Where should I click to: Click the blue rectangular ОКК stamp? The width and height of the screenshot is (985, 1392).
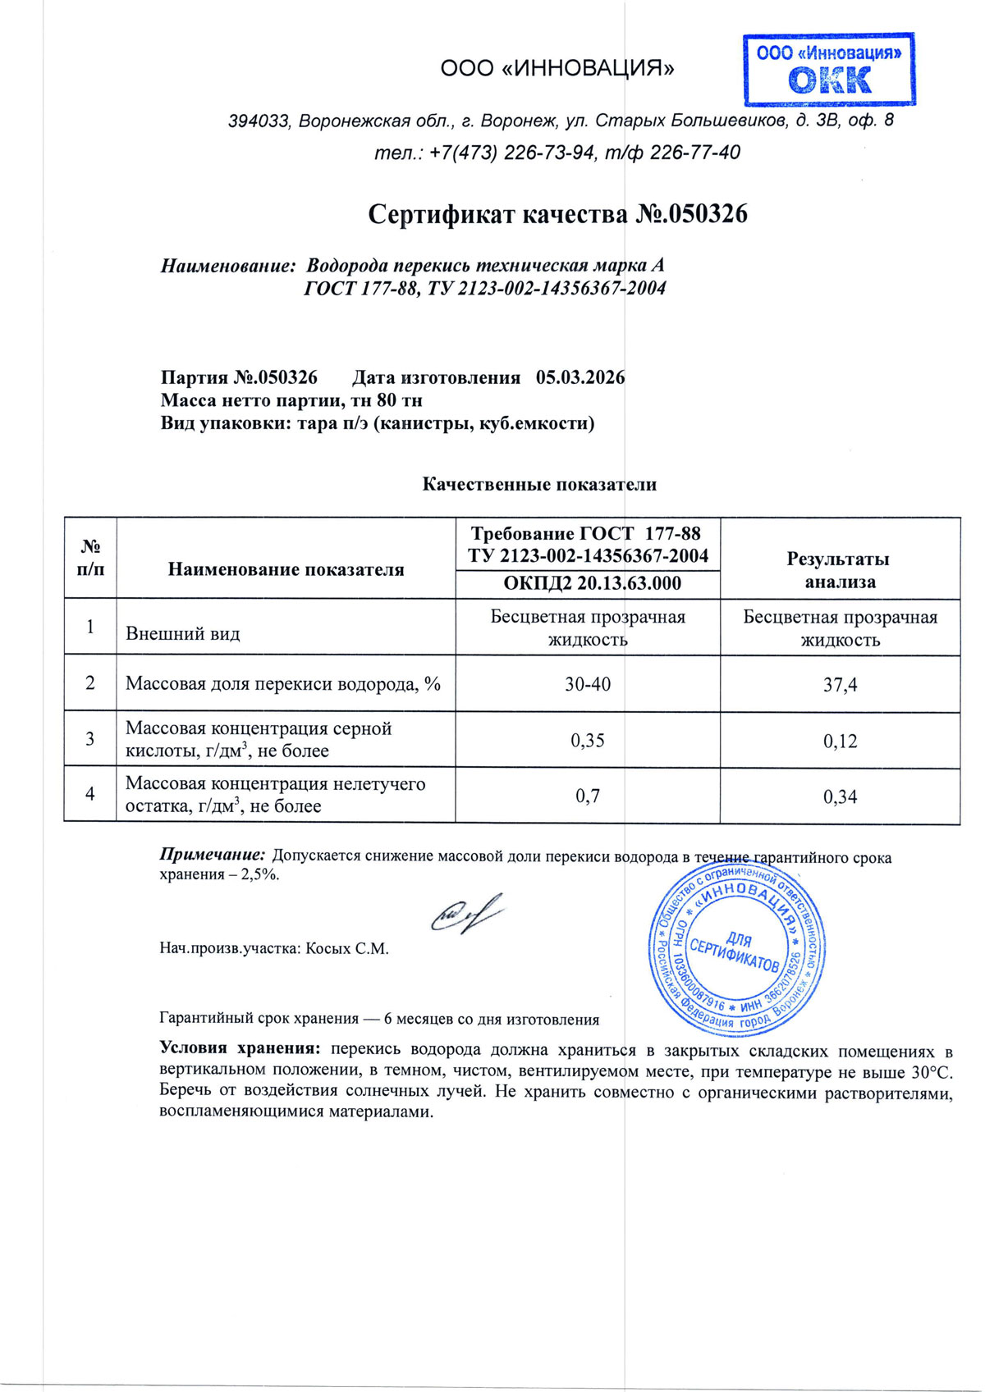(829, 70)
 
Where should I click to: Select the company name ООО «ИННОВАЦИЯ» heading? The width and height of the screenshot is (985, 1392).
(557, 68)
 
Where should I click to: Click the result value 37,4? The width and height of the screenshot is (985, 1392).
(840, 685)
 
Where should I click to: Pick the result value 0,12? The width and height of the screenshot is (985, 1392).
(840, 741)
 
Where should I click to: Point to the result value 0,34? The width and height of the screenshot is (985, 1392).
(840, 796)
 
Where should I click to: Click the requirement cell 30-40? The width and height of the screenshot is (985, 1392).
(588, 684)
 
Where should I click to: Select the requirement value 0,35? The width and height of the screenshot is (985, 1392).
(588, 740)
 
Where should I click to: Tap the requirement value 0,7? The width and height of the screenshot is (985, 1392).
(588, 796)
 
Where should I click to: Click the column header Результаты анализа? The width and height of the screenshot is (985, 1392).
(840, 570)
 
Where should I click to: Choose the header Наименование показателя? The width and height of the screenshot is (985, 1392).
(286, 569)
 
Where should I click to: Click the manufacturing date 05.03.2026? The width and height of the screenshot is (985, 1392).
(580, 377)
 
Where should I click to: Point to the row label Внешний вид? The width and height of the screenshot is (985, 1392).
(183, 633)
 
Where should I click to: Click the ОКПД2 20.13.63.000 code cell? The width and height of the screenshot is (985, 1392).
(588, 583)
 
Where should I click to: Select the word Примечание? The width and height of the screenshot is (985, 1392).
(212, 855)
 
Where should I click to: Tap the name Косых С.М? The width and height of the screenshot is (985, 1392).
(347, 949)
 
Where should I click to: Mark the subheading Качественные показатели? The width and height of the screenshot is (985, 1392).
(539, 484)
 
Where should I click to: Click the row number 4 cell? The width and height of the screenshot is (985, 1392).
(90, 794)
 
